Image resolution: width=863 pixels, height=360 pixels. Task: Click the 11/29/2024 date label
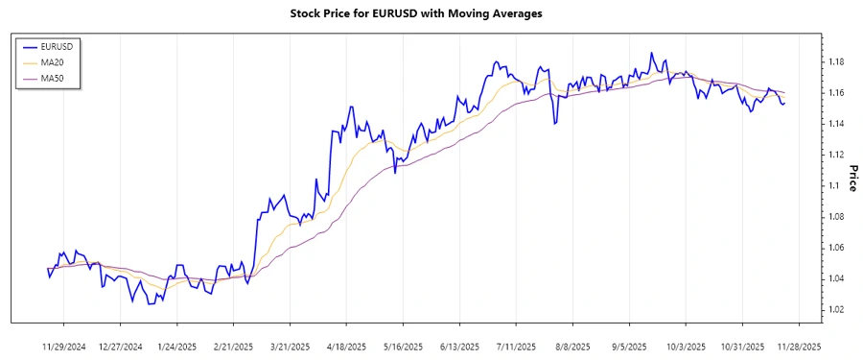(64, 346)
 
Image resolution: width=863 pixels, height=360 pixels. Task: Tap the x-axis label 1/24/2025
(177, 346)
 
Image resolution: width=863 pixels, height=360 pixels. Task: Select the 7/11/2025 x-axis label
(516, 346)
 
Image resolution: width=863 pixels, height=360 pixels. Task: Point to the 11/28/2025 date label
(798, 346)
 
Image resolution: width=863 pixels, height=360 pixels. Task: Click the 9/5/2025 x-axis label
(629, 346)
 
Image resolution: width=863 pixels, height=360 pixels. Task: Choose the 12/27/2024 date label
(121, 346)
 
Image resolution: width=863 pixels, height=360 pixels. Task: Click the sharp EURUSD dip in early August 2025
(554, 124)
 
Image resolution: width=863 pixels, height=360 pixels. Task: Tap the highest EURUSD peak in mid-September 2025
(651, 53)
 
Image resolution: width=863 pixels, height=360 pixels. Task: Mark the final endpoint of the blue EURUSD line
(784, 103)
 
